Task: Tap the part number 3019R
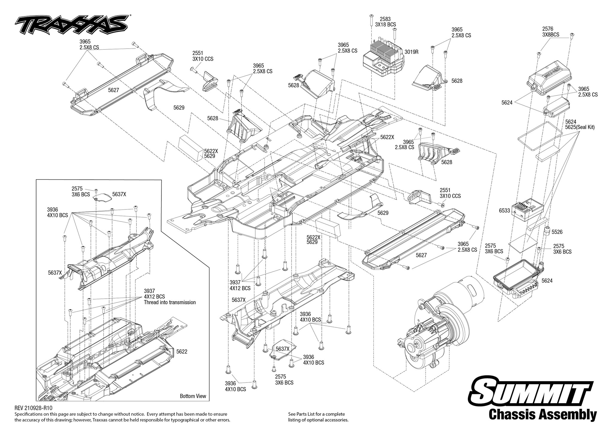coord(411,52)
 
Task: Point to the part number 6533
coord(504,210)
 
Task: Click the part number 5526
coord(557,232)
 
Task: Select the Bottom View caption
coord(193,396)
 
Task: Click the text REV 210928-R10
coord(35,408)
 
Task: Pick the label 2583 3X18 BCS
coord(385,22)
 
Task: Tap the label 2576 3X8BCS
coord(550,32)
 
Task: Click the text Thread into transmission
coord(170,302)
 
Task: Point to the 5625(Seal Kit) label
coord(580,127)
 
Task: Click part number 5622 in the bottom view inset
coord(181,352)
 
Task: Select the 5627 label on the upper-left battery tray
coord(114,90)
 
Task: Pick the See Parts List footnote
coord(318,417)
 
